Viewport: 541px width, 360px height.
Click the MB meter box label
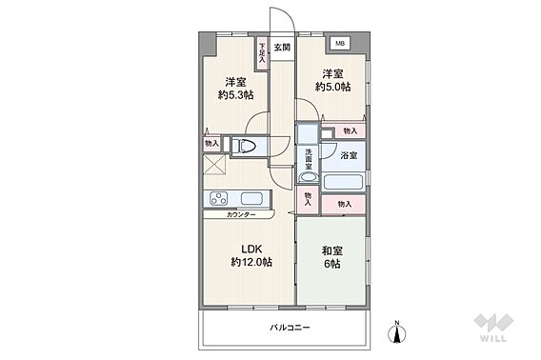(340, 44)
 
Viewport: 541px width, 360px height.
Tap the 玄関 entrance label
(282, 48)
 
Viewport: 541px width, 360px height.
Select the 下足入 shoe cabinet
(262, 53)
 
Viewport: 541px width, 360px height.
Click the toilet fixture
(245, 146)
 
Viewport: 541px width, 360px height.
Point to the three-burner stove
(219, 199)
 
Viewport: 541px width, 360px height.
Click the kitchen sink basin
(251, 199)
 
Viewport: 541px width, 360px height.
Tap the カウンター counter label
(241, 214)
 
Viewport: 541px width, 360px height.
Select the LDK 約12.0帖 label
(251, 255)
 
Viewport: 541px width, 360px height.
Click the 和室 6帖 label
(331, 257)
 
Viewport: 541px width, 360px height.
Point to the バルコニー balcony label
(290, 328)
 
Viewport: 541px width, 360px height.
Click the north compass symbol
(397, 332)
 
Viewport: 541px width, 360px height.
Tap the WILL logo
(493, 328)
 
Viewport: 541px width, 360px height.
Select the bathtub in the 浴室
(343, 182)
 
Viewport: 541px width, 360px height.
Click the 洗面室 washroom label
(309, 159)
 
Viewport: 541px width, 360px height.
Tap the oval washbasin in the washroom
(309, 177)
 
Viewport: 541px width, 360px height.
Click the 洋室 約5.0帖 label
(332, 80)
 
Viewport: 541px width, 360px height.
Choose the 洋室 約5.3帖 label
(235, 89)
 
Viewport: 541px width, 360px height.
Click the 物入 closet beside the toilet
(211, 143)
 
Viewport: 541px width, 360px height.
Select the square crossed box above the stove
(214, 165)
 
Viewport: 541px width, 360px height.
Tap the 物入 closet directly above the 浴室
(351, 130)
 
